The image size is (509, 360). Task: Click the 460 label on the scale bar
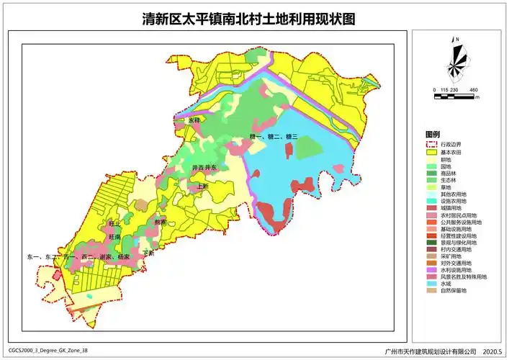point(473,89)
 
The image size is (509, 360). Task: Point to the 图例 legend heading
point(433,135)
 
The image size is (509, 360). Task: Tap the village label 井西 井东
point(204,167)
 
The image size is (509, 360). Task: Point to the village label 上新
point(202,186)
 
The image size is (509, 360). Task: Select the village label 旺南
point(114,236)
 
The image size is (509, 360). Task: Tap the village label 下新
point(149,253)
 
